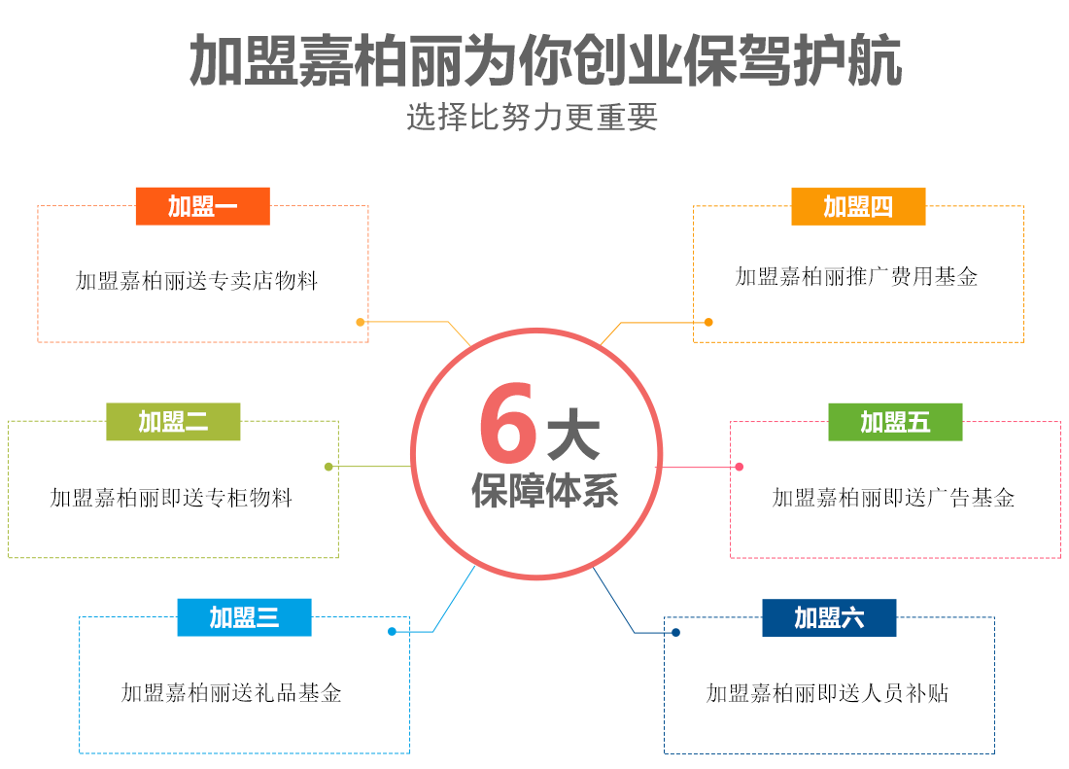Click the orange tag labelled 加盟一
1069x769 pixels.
(x=202, y=206)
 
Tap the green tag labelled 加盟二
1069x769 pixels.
(x=173, y=421)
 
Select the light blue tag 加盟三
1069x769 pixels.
(x=244, y=617)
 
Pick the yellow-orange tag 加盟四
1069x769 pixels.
(x=858, y=206)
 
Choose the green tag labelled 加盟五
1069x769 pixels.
(x=895, y=421)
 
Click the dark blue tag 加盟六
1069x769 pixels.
(x=829, y=617)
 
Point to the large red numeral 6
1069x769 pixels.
(x=507, y=425)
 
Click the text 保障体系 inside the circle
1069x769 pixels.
(x=545, y=490)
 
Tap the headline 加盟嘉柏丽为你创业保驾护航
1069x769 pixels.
(x=545, y=60)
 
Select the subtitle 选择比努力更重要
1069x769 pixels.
(x=533, y=117)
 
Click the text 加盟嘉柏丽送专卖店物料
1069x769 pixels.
(x=197, y=282)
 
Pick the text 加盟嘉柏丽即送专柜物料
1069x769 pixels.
(x=171, y=498)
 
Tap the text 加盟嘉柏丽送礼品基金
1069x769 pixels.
(x=231, y=693)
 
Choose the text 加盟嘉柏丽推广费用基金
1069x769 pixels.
(x=856, y=277)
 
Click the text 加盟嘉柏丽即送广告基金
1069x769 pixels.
(x=893, y=498)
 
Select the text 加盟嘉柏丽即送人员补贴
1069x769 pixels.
(x=827, y=693)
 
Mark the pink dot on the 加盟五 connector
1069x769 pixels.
(x=740, y=467)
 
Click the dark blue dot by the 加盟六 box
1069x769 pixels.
(x=675, y=633)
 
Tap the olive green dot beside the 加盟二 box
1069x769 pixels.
(x=329, y=467)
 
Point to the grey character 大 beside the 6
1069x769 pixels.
(x=573, y=435)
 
